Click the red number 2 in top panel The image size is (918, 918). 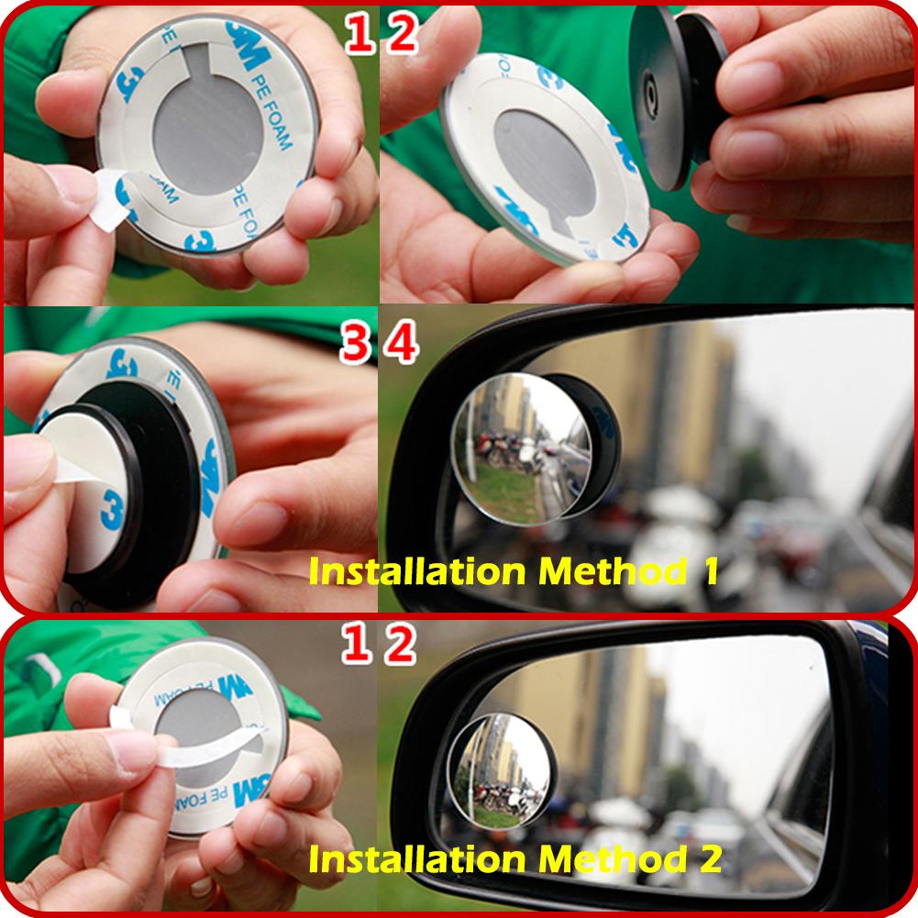(402, 35)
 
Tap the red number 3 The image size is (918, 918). (359, 346)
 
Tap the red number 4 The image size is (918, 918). (402, 346)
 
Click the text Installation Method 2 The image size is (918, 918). (514, 859)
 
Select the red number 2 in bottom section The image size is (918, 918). (402, 647)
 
